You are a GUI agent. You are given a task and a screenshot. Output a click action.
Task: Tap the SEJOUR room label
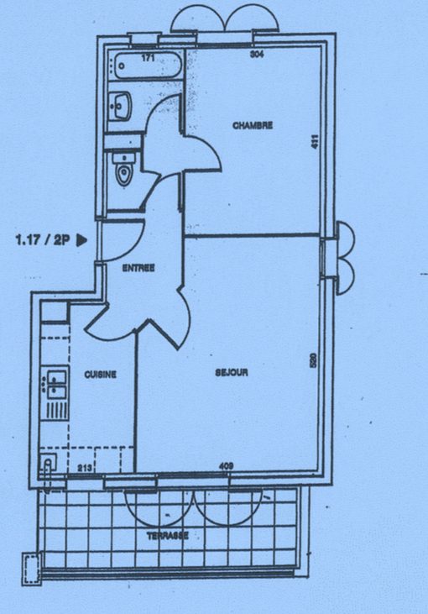click(x=232, y=372)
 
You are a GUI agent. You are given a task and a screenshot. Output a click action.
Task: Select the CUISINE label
click(x=101, y=375)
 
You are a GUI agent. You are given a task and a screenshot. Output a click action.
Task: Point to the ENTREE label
click(x=138, y=268)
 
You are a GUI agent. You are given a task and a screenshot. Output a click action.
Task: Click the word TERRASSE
click(x=168, y=535)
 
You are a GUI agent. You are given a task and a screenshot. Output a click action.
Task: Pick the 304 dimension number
click(x=257, y=54)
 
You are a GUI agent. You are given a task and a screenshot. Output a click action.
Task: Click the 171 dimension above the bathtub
click(x=148, y=58)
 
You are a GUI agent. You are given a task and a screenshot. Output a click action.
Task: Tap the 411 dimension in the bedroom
click(x=315, y=141)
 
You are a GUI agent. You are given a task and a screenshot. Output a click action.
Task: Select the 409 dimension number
click(x=227, y=466)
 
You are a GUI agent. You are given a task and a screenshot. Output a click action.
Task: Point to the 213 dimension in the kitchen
click(x=84, y=467)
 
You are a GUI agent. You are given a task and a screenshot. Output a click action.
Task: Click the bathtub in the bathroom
click(x=147, y=66)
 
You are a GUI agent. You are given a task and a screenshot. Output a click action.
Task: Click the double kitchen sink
click(x=56, y=384)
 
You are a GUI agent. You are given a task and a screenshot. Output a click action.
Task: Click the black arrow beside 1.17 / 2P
click(x=81, y=239)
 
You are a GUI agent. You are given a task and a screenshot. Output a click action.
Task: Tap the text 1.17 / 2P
click(x=43, y=239)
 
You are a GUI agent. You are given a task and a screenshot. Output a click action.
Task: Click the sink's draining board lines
click(x=56, y=409)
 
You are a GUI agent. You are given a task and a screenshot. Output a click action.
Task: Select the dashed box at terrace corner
click(x=30, y=569)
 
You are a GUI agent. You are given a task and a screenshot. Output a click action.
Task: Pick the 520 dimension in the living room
click(x=313, y=360)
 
